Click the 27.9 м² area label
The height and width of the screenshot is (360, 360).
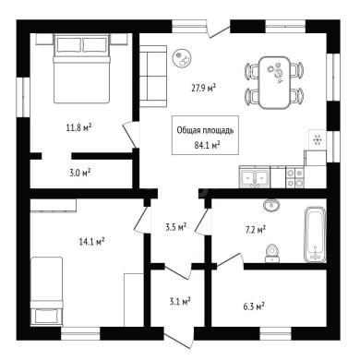click(203, 89)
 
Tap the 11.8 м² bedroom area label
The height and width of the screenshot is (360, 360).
click(79, 127)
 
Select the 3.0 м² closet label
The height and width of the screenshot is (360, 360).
click(79, 173)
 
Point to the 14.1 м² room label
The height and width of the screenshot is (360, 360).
click(92, 242)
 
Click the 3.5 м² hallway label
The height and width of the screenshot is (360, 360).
click(176, 228)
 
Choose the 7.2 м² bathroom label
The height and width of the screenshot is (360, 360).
click(256, 230)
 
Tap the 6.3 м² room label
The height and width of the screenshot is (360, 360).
click(254, 306)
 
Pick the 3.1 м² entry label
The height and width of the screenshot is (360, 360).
click(180, 301)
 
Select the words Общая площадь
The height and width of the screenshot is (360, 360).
click(205, 130)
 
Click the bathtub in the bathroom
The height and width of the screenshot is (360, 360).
click(315, 235)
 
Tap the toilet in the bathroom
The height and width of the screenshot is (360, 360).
click(272, 254)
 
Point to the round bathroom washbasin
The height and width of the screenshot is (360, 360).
click(271, 205)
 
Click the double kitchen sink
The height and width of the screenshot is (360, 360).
click(255, 177)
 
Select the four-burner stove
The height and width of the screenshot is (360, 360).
click(294, 177)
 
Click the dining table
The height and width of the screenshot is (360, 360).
click(274, 82)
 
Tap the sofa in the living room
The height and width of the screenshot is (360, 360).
click(153, 77)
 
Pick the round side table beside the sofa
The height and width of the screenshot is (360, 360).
click(182, 58)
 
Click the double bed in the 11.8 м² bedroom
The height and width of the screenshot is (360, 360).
click(81, 68)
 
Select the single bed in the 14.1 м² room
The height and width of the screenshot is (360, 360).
click(47, 292)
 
